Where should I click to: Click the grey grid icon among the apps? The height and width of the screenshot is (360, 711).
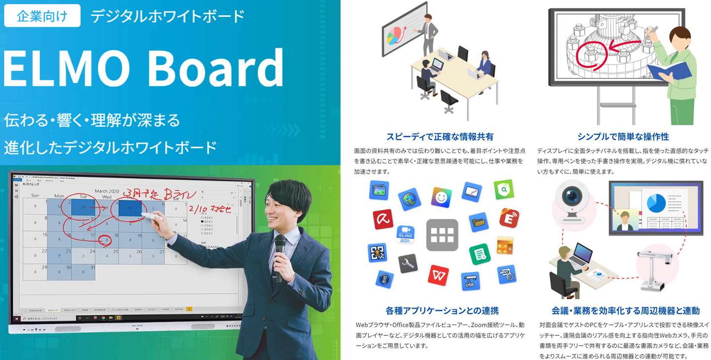442,235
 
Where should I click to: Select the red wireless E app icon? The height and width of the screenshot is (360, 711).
509,218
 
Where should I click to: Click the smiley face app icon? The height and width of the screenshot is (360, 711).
441,197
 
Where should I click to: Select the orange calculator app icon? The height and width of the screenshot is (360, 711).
505,245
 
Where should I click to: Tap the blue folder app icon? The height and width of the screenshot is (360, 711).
478,222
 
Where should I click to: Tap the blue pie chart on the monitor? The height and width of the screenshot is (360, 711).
656,203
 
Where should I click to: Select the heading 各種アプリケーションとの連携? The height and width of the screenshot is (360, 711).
442,311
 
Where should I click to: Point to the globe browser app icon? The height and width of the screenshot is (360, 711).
409,199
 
